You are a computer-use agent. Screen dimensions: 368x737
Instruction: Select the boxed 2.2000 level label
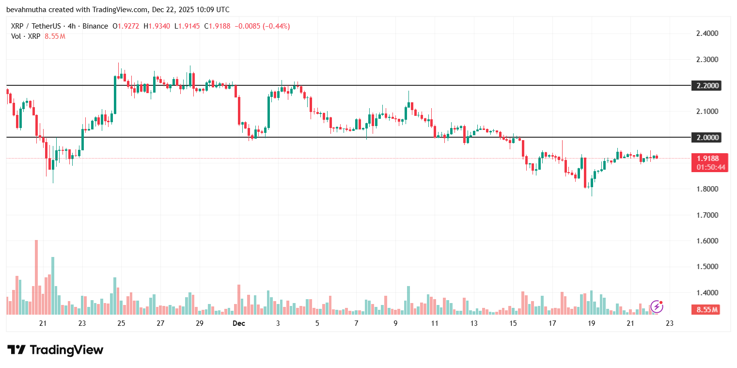[708, 86]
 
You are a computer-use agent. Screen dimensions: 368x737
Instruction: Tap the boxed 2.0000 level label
[708, 138]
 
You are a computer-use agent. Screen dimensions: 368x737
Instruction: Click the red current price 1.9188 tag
[708, 159]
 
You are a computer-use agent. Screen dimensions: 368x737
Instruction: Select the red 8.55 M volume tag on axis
[708, 309]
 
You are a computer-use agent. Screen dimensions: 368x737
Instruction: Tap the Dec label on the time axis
[238, 323]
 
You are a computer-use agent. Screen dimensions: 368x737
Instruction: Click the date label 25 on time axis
[121, 323]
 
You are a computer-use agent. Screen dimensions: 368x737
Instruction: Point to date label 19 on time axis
[591, 323]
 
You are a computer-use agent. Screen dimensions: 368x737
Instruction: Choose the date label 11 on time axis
[435, 323]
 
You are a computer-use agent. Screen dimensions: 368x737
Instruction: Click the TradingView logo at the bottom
[55, 350]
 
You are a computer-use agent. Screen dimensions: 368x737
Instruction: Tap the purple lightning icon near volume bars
[657, 306]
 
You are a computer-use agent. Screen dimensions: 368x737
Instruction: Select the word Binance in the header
[95, 26]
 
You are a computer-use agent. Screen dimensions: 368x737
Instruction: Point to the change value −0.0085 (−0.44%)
[262, 26]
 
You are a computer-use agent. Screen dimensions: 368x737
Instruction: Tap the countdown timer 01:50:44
[708, 167]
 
